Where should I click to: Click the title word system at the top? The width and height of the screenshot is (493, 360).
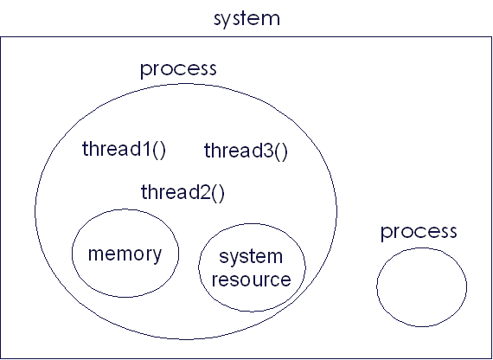pos(246,20)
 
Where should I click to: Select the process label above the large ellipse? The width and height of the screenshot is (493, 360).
pos(178,69)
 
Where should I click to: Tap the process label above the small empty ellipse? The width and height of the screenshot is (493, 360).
pos(419,232)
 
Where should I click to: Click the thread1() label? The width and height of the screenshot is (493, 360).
pos(124,149)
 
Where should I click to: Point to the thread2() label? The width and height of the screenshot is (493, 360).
pos(182,192)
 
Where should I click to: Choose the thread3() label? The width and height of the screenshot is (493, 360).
pos(246,151)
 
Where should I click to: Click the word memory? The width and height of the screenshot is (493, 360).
pos(125,254)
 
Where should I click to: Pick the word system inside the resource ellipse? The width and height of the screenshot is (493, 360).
pos(251,257)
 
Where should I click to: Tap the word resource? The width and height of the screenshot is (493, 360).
pos(251,280)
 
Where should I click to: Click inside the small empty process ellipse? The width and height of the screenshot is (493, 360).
pos(421,287)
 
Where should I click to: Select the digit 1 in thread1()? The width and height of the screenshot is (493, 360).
pos(146,149)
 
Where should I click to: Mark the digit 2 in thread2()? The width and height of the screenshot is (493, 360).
pos(205,191)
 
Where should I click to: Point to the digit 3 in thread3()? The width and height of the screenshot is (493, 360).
pos(268,151)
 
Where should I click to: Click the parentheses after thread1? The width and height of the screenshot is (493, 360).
pos(159,150)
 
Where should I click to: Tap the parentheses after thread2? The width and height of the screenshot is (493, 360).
pos(218,193)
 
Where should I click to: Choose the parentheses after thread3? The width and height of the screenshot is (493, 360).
pos(281,152)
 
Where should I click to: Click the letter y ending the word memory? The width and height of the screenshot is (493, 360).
pos(156,256)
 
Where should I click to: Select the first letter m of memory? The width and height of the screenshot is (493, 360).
pos(97,254)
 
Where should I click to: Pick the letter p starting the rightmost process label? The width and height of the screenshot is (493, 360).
pos(387,235)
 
